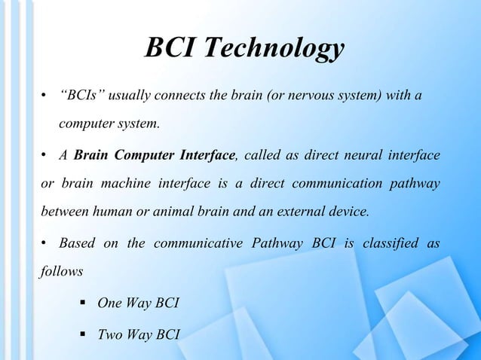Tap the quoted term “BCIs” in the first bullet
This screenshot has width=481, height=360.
coord(80,96)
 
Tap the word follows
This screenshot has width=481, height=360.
coord(60,270)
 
